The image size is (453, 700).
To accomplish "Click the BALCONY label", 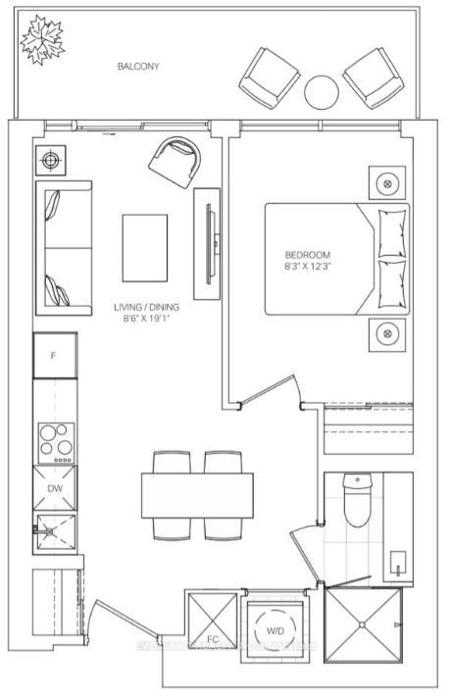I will (138, 67).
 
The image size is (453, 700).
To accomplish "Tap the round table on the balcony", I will (321, 92).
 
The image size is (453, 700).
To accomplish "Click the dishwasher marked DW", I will (54, 488).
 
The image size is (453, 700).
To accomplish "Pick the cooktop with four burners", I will (54, 441).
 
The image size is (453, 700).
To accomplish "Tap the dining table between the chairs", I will (197, 494).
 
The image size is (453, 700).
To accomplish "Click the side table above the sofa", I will (50, 160).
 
